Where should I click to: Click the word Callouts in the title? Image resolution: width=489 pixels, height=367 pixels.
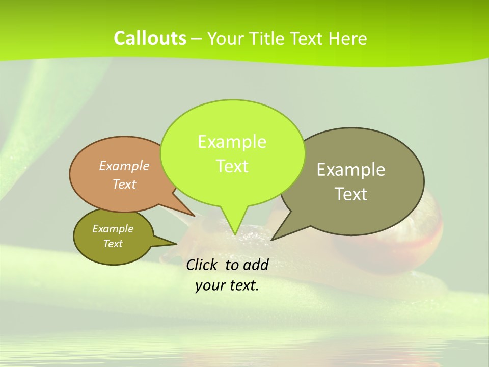pos(150,38)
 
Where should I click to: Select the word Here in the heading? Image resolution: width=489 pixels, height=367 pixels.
pos(348,39)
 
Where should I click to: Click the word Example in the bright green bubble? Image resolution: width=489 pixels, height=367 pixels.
pos(232,142)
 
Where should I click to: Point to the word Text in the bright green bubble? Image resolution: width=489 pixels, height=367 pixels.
pos(232,166)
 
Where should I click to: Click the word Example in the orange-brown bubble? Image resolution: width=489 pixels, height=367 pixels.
pos(124,166)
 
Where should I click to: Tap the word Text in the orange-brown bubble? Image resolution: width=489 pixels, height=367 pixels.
pos(124,184)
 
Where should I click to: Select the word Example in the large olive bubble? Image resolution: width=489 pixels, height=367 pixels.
pos(351,170)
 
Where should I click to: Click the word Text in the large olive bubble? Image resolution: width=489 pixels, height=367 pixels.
pos(351,194)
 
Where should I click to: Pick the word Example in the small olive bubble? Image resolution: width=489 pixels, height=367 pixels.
pos(113,229)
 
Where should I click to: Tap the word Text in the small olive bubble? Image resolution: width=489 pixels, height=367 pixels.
pos(113,244)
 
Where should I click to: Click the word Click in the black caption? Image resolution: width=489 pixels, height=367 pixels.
pos(202,265)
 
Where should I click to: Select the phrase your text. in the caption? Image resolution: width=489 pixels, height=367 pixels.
pos(227,285)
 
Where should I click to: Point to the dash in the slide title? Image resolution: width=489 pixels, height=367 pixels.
pos(197,39)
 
